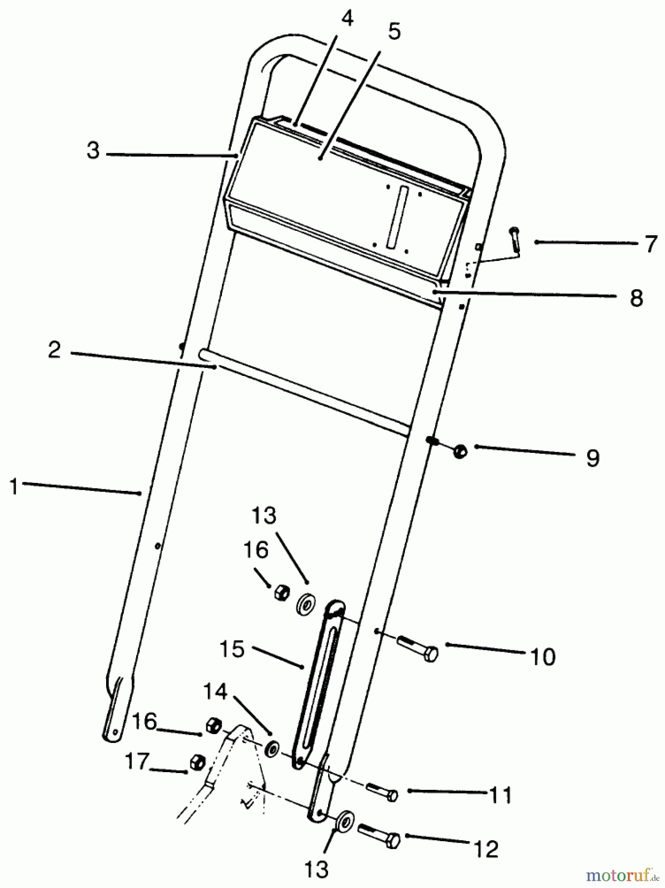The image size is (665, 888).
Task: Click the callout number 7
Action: coord(651,244)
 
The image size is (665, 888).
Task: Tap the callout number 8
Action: coord(636,298)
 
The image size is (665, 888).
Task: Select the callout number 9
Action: coord(592,458)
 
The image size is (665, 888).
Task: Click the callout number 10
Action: coord(543,657)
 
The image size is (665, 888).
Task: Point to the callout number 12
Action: coord(485,849)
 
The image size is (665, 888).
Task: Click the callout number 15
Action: coord(232,649)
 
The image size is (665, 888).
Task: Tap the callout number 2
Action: coord(54,350)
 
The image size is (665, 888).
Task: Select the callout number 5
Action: coord(394,31)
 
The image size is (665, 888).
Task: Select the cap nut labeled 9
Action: coord(460,450)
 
